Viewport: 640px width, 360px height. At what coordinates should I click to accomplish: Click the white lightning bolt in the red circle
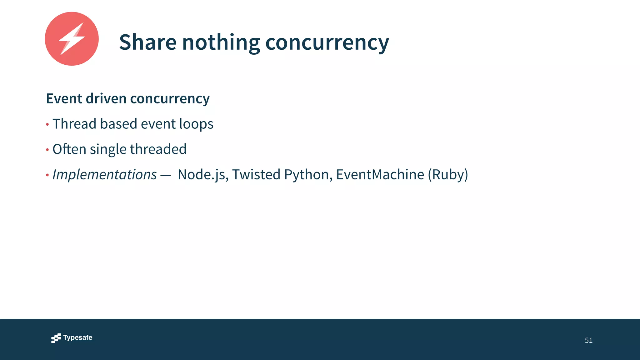pyautogui.click(x=72, y=39)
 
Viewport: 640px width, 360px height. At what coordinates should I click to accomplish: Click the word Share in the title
pyautogui.click(x=147, y=42)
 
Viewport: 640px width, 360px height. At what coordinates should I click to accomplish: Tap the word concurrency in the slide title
pyautogui.click(x=327, y=42)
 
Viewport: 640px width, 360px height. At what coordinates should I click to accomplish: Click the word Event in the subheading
pyautogui.click(x=64, y=98)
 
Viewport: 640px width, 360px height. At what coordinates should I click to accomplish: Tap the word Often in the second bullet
pyautogui.click(x=69, y=149)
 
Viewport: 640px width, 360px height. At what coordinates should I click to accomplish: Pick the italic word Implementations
pyautogui.click(x=104, y=174)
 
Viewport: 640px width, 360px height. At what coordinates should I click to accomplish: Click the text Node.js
pyautogui.click(x=201, y=174)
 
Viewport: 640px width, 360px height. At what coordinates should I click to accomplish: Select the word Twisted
pyautogui.click(x=256, y=174)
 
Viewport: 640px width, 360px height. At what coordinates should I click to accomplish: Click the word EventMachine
pyautogui.click(x=380, y=174)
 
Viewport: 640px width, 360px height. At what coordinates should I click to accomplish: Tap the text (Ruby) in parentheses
pyautogui.click(x=448, y=174)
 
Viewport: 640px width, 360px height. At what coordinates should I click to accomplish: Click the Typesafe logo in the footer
pyautogui.click(x=72, y=338)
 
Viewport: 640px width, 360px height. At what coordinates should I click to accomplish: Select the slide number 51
pyautogui.click(x=588, y=340)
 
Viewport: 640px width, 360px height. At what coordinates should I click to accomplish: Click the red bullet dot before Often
pyautogui.click(x=47, y=150)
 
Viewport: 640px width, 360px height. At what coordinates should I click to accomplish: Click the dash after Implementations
pyautogui.click(x=166, y=176)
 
